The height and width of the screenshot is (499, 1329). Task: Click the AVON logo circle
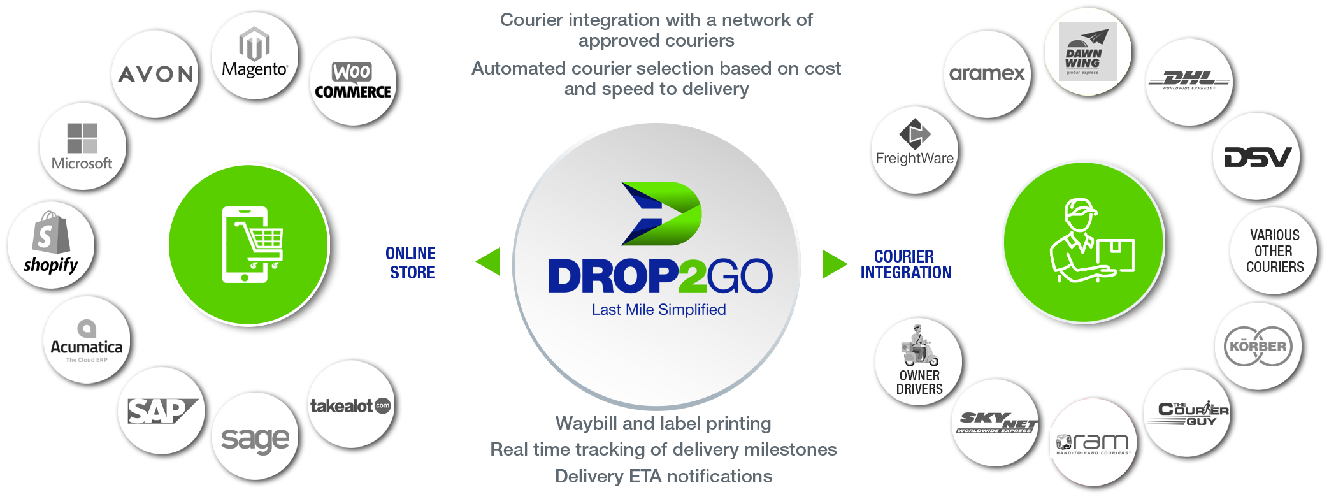point(155,74)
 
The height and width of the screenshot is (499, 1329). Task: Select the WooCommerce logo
point(353,81)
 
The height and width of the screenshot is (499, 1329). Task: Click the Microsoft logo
point(82,147)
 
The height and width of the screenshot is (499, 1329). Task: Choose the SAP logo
point(161,411)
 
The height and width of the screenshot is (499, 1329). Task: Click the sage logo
point(255,438)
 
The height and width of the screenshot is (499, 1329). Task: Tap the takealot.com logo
point(350,405)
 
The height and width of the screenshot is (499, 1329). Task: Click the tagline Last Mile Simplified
point(659,310)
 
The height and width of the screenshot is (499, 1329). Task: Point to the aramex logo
point(987,74)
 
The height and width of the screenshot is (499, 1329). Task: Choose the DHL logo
point(1189,81)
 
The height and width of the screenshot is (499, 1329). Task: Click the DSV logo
point(1257,157)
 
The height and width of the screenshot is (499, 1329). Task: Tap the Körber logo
point(1258,346)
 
